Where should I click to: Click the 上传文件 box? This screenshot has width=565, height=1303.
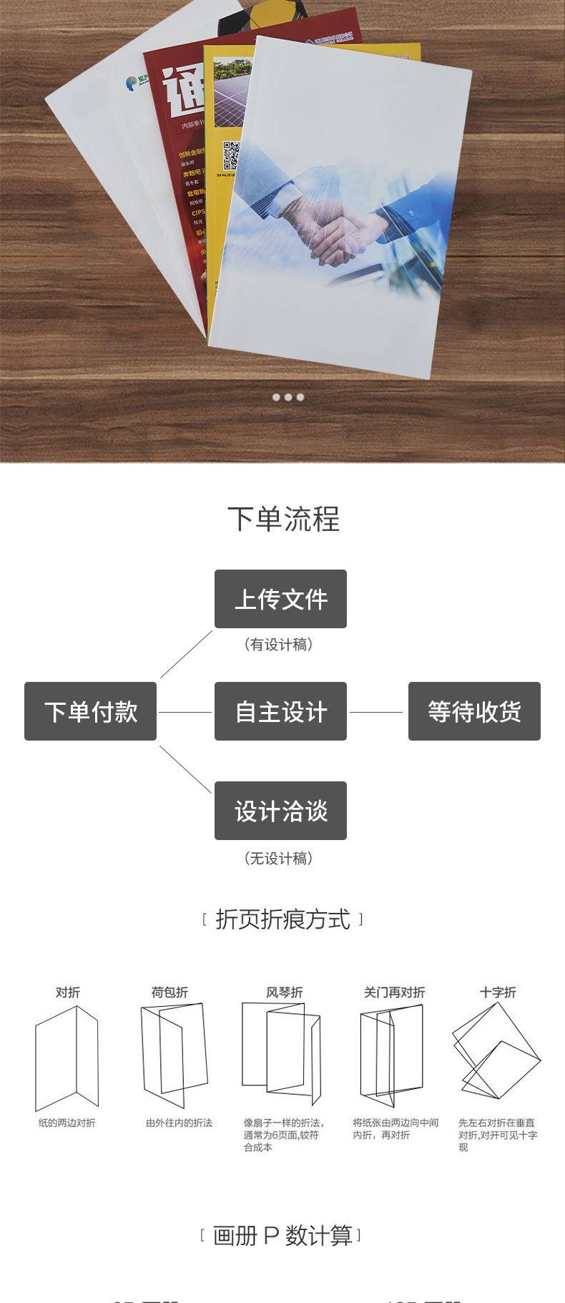pyautogui.click(x=280, y=599)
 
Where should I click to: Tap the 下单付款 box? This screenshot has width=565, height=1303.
pyautogui.click(x=90, y=711)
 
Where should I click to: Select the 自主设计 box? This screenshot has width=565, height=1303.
pyautogui.click(x=280, y=711)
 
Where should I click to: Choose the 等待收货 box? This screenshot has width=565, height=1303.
pyautogui.click(x=474, y=711)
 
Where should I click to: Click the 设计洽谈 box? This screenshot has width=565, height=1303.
pyautogui.click(x=280, y=811)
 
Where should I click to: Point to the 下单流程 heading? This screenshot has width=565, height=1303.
pyautogui.click(x=283, y=519)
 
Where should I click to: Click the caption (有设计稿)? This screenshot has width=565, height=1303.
pyautogui.click(x=279, y=645)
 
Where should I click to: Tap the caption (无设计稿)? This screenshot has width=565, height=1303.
pyautogui.click(x=279, y=858)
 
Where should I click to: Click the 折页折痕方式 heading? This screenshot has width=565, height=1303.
pyautogui.click(x=282, y=919)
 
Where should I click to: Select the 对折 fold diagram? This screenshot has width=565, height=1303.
pyautogui.click(x=67, y=1058)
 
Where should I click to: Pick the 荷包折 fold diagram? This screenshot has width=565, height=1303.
pyautogui.click(x=174, y=1055)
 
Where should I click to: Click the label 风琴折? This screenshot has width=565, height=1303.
pyautogui.click(x=284, y=992)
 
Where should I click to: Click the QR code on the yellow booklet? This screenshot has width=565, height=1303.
pyautogui.click(x=230, y=155)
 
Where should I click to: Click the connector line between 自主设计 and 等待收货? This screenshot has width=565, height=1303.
pyautogui.click(x=376, y=712)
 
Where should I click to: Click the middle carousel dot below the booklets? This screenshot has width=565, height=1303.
pyautogui.click(x=288, y=397)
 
